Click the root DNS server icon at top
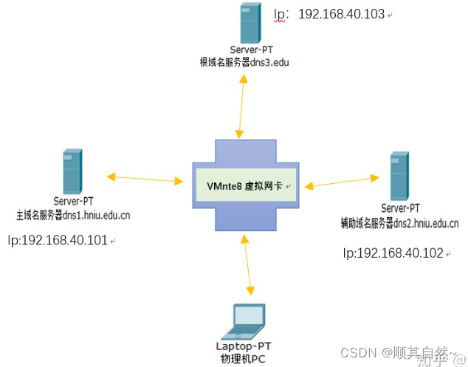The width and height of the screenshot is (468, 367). point(250,24)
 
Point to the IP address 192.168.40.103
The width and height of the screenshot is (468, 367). point(341,14)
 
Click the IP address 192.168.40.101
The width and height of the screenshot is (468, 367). point(58,240)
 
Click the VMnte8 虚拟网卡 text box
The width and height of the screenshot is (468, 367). point(244,185)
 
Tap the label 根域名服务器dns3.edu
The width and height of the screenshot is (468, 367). point(244,63)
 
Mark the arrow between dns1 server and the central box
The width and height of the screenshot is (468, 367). point(145,178)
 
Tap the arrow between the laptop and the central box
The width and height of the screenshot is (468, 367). point(250,266)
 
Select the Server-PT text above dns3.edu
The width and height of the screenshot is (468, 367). point(250,50)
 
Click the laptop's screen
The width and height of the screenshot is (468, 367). point(244,315)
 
